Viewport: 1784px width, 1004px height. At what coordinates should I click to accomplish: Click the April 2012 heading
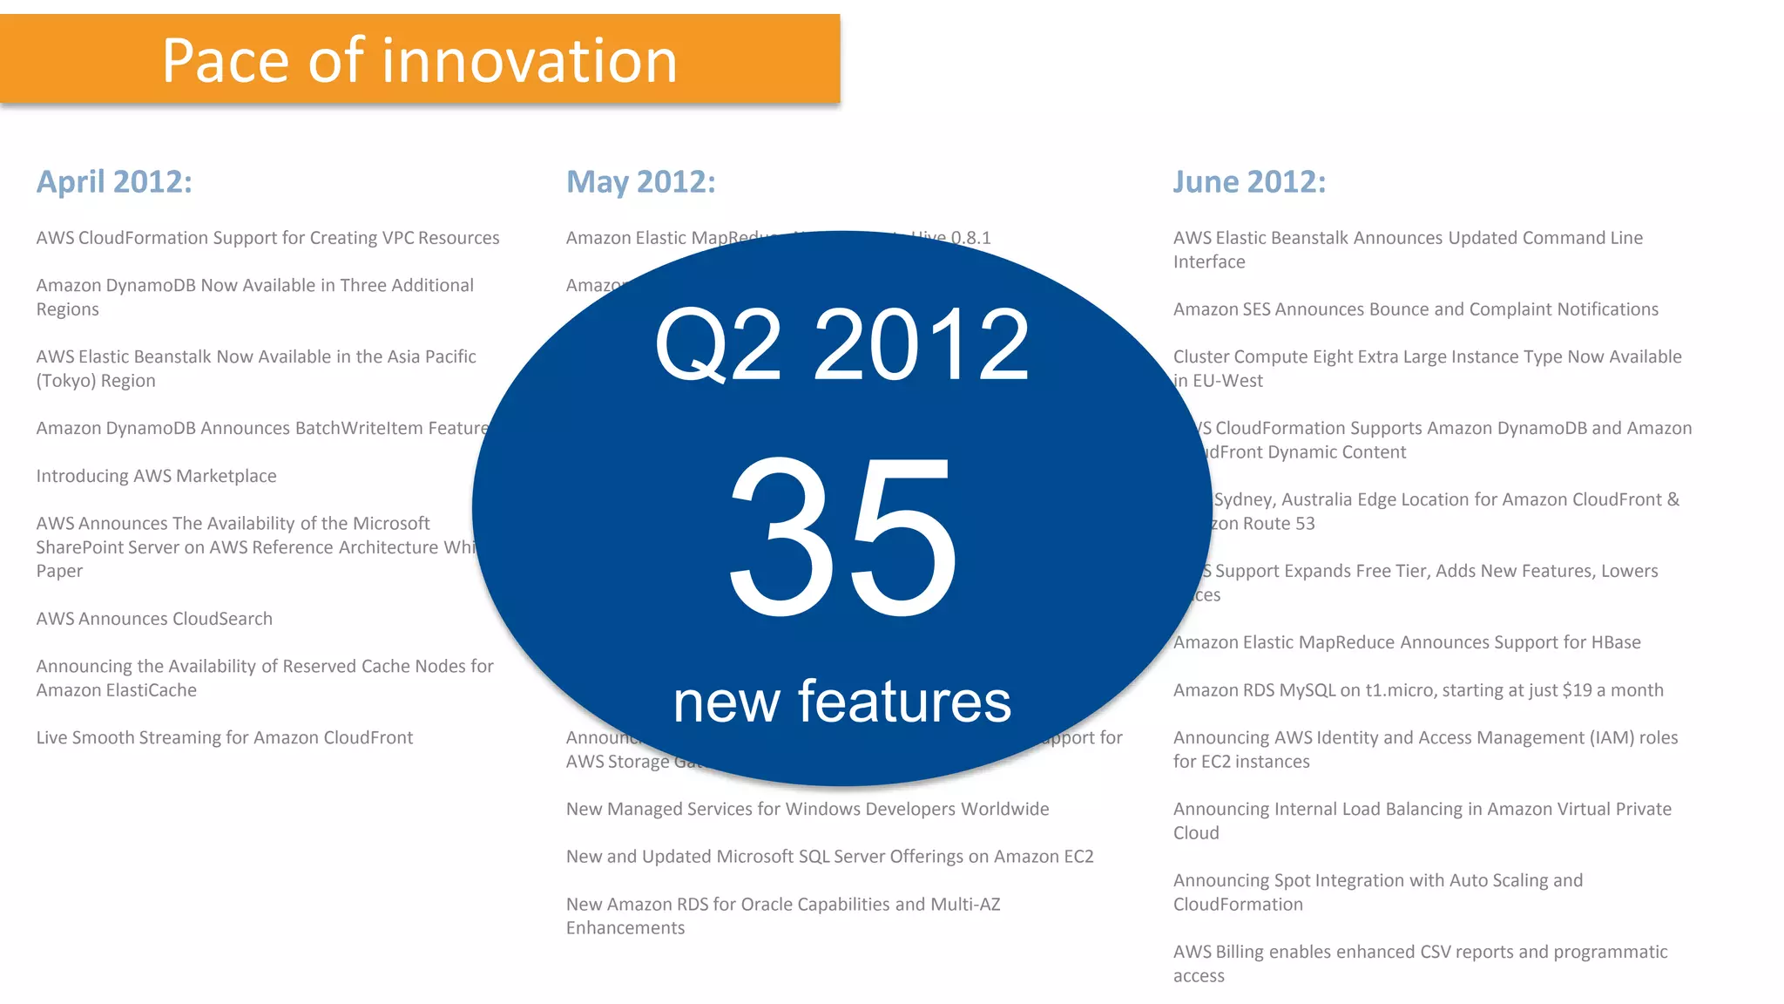[114, 182]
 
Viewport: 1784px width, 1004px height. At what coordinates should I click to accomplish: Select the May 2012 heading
[640, 182]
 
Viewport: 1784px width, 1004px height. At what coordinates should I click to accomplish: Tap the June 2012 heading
[1248, 182]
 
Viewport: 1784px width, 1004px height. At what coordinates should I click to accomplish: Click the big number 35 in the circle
[841, 536]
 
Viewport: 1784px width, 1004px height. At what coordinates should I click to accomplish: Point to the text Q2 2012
[841, 345]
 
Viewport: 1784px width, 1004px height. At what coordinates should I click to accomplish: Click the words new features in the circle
[841, 702]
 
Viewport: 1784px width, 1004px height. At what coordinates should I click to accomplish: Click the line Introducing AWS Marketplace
[156, 476]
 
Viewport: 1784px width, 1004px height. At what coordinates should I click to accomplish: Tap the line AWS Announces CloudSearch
[154, 619]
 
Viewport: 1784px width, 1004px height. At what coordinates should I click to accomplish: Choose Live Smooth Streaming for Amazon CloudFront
[225, 737]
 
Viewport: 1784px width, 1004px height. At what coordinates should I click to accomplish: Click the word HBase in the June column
[1616, 642]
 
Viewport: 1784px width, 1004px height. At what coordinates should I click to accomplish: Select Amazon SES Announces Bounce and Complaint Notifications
[1416, 309]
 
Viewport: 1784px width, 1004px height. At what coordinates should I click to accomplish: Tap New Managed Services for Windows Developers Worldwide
[807, 809]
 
